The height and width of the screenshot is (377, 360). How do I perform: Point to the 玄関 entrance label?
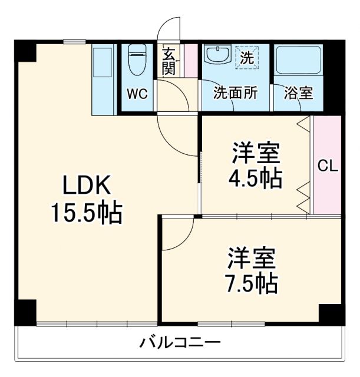tap(169, 61)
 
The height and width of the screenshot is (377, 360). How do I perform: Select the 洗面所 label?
tap(235, 93)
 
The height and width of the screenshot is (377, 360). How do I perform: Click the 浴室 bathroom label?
tap(299, 93)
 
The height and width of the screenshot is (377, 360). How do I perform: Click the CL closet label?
tap(328, 166)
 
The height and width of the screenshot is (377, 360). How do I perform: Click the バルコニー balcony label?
tap(180, 342)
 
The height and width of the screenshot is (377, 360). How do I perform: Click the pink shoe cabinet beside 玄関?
tap(190, 59)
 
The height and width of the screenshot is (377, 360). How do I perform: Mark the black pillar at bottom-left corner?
tap(25, 312)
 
